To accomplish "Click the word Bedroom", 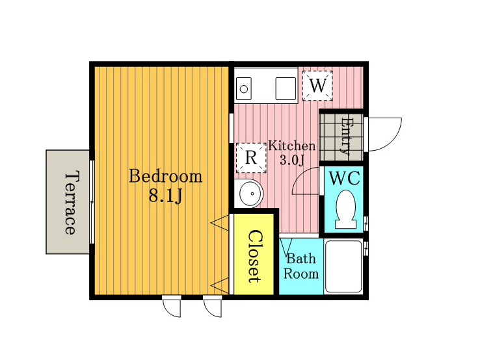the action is (x=166, y=176).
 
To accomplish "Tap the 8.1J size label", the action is (x=166, y=196).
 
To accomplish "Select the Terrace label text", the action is (x=70, y=203).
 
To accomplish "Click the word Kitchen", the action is (x=292, y=146).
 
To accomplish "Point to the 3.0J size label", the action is (x=292, y=160).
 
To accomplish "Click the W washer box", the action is (x=317, y=85).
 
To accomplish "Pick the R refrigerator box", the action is (x=251, y=158).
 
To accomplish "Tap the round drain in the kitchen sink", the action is (x=244, y=89).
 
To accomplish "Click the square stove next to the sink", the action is (x=286, y=88).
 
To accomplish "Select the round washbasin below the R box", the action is (x=251, y=194).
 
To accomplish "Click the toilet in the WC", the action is (x=346, y=209).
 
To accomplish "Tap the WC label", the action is (x=344, y=178).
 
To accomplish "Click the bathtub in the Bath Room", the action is (x=343, y=266).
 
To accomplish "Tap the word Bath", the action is (x=301, y=259).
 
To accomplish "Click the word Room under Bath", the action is (x=301, y=274).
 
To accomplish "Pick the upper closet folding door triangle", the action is (x=220, y=223).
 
